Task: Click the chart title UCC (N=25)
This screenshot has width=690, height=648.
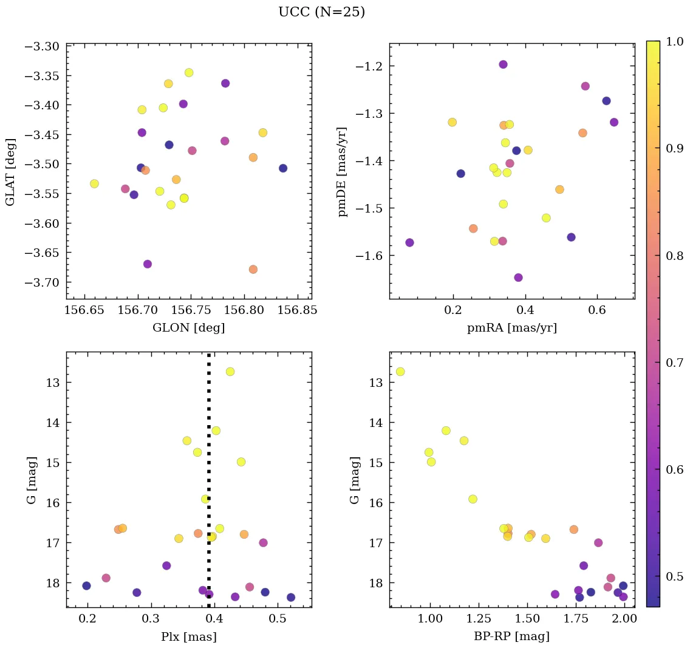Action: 321,12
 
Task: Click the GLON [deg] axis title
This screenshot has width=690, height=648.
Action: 189,328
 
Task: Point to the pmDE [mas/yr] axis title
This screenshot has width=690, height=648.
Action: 343,171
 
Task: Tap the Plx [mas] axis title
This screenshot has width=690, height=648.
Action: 189,636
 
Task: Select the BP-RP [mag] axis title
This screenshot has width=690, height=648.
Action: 511,636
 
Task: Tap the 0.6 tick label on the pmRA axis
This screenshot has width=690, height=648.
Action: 597,311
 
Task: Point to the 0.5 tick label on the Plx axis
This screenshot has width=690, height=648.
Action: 278,619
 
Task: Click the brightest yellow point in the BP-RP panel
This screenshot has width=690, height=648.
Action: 400,372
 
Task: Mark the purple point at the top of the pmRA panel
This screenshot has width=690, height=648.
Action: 503,64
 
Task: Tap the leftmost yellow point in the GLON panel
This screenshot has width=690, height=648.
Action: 94,183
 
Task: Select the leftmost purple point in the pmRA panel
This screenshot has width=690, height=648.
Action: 409,242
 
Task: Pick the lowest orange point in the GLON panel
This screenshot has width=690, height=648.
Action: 253,269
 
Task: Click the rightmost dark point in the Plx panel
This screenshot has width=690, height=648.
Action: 291,597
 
